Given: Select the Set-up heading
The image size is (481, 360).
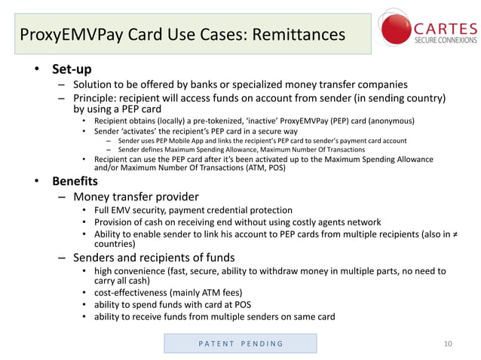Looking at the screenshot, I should (72, 70).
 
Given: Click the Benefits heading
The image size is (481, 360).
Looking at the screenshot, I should (75, 182).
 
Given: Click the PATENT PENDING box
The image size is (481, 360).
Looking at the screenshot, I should (240, 343).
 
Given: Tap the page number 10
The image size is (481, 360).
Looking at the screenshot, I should (449, 344).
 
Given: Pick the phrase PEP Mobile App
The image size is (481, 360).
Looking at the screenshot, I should (185, 141).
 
